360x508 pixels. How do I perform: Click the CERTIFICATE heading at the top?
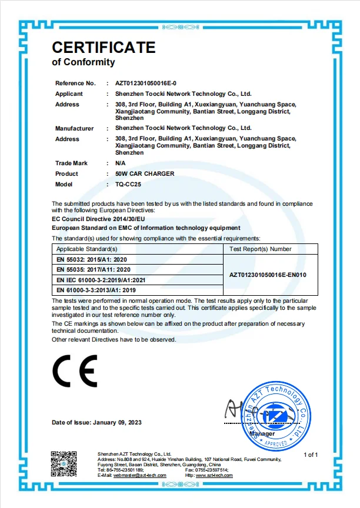tap(104, 47)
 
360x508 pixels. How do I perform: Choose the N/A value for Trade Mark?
tap(121, 163)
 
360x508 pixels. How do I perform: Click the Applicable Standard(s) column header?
tap(87, 249)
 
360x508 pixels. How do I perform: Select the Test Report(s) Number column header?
tap(259, 249)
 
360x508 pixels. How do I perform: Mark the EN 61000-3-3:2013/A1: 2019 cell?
tap(96, 290)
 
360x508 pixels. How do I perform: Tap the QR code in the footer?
tap(64, 463)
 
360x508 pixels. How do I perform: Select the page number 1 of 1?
tap(310, 454)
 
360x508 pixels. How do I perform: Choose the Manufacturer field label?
tap(75, 128)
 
